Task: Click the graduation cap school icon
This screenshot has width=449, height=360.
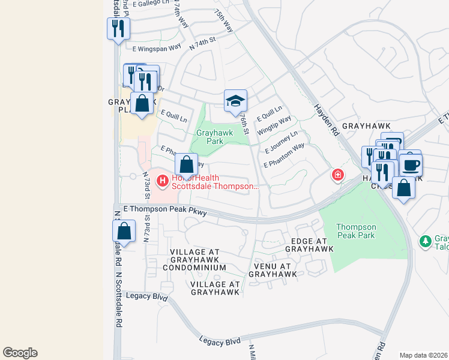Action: pyautogui.click(x=235, y=101)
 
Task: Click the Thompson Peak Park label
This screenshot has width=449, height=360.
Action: pyautogui.click(x=356, y=231)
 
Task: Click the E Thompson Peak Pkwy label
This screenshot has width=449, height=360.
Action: pyautogui.click(x=164, y=211)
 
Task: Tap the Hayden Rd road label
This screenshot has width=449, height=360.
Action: pyautogui.click(x=327, y=120)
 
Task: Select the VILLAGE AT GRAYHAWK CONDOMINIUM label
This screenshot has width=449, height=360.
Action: pyautogui.click(x=197, y=259)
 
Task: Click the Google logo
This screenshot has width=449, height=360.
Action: pyautogui.click(x=20, y=353)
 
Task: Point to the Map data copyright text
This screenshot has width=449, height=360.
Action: pyautogui.click(x=423, y=355)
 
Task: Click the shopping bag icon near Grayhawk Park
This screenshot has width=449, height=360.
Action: pyautogui.click(x=187, y=164)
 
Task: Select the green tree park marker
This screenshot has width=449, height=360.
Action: pyautogui.click(x=426, y=241)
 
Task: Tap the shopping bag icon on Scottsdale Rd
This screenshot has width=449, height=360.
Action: pyautogui.click(x=124, y=231)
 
